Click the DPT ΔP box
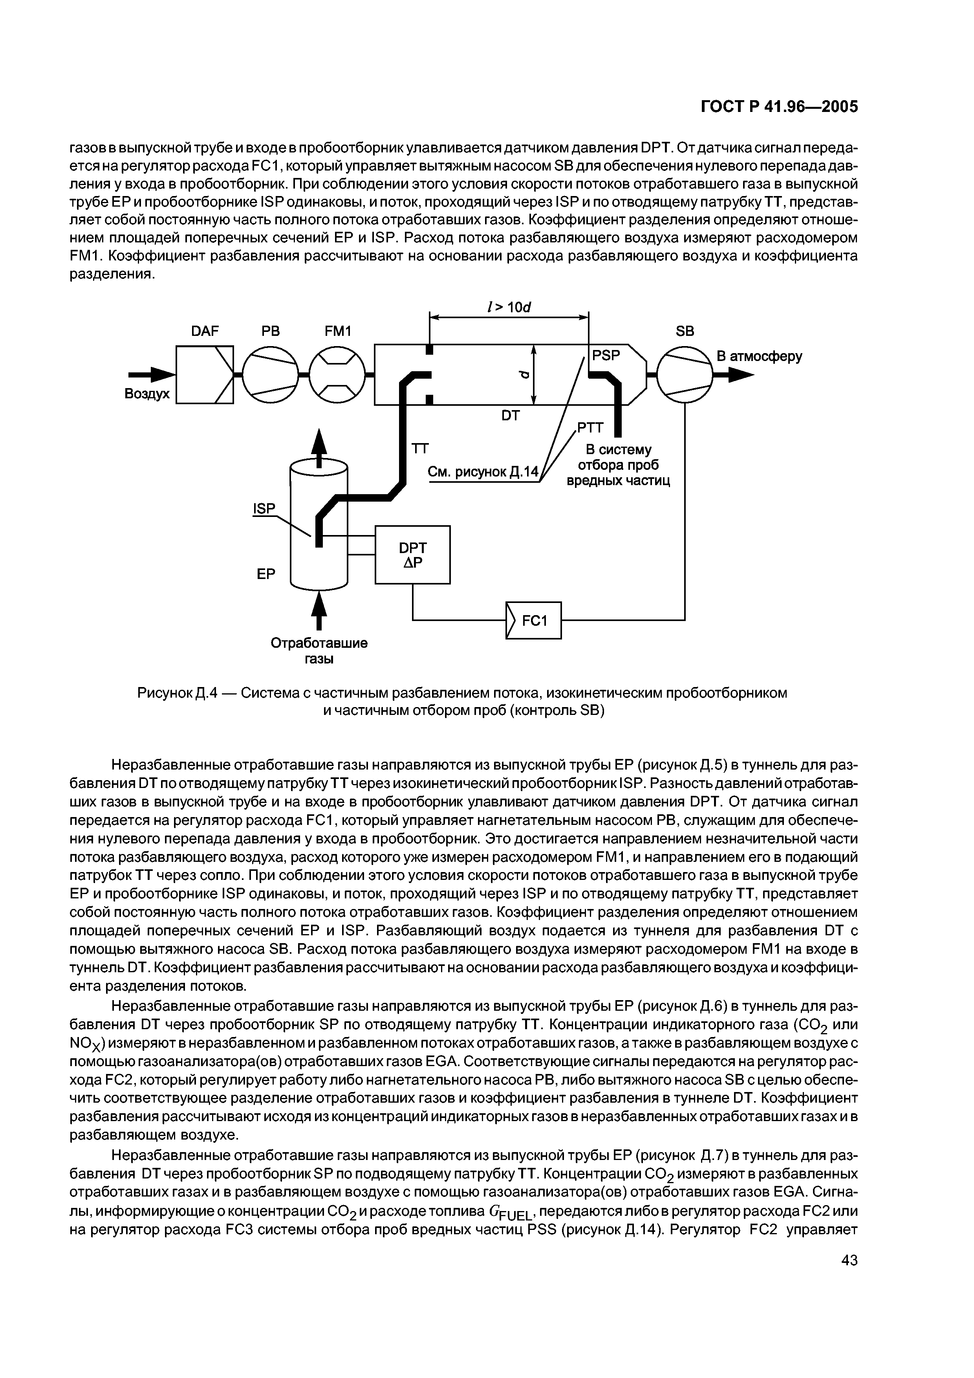pyautogui.click(x=412, y=554)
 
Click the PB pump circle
pyautogui.click(x=271, y=375)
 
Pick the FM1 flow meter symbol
pyautogui.click(x=337, y=375)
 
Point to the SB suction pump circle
pyautogui.click(x=685, y=375)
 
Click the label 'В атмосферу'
pyautogui.click(x=760, y=357)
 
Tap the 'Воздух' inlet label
pyautogui.click(x=147, y=394)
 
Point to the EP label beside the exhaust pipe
pyautogui.click(x=266, y=574)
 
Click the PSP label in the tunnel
pyautogui.click(x=606, y=356)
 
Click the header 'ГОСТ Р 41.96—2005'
pyautogui.click(x=780, y=107)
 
